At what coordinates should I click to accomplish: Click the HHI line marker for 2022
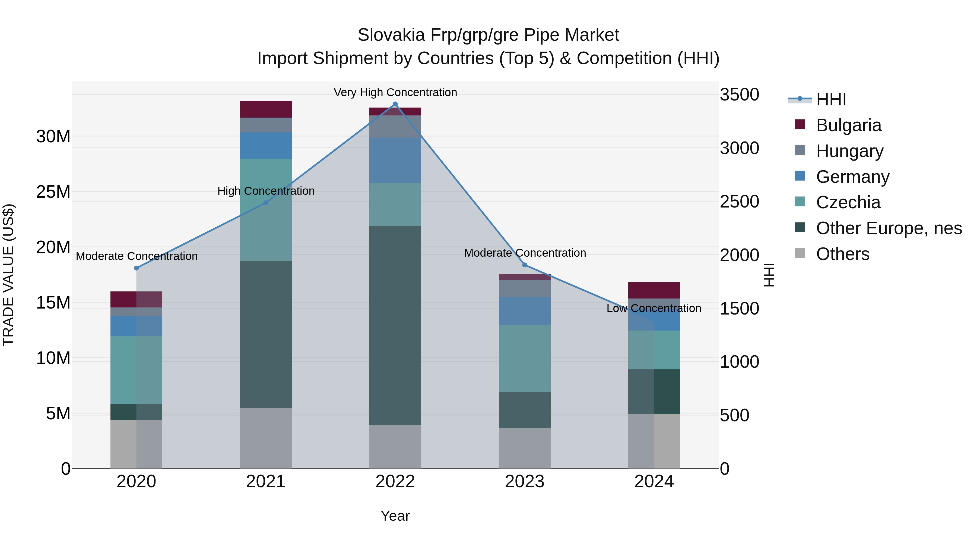(x=395, y=104)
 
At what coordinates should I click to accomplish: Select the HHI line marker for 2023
(x=525, y=265)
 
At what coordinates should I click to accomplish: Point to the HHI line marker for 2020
(x=137, y=268)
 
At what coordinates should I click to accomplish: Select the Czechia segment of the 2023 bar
(x=525, y=358)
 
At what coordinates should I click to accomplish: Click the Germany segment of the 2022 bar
(x=395, y=160)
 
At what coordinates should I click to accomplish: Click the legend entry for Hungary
(x=849, y=151)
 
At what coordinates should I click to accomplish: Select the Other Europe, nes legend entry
(x=889, y=228)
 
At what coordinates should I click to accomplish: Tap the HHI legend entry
(x=831, y=99)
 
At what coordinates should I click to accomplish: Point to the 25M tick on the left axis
(x=53, y=192)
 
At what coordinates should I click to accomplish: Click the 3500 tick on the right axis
(x=739, y=95)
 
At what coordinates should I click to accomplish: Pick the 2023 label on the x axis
(x=525, y=482)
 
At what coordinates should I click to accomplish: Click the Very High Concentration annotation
(x=395, y=93)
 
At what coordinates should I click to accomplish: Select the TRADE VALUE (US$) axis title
(x=8, y=275)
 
